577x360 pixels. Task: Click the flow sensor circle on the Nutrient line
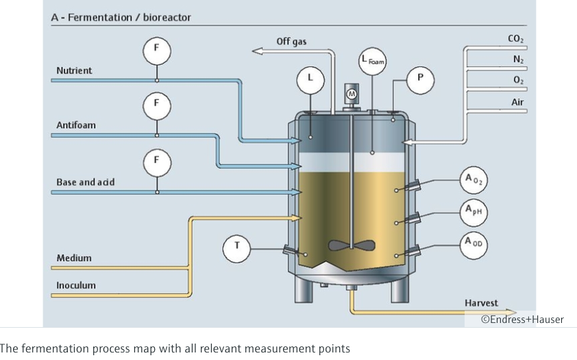tap(156, 49)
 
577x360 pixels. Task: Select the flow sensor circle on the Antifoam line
tap(156, 104)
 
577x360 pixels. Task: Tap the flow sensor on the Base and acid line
tap(156, 161)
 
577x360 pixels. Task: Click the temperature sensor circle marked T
tap(237, 245)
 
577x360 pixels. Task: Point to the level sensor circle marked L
tap(310, 80)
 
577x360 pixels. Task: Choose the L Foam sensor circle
tap(373, 62)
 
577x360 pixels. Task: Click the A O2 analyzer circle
tap(473, 181)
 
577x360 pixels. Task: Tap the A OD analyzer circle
tap(473, 244)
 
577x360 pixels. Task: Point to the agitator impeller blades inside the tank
tap(352, 245)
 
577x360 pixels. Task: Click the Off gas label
tap(291, 42)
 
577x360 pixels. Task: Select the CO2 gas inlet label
tap(516, 40)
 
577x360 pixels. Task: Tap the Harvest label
tap(481, 302)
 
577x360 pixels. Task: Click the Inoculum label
tap(76, 285)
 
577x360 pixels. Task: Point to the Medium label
tap(73, 258)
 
